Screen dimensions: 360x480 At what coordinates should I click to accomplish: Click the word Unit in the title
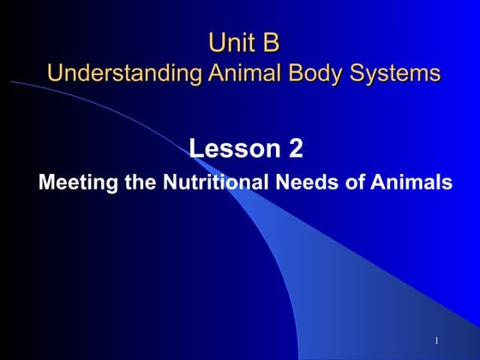click(231, 42)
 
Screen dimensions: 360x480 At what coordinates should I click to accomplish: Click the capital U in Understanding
click(55, 72)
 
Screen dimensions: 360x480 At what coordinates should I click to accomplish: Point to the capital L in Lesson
click(196, 149)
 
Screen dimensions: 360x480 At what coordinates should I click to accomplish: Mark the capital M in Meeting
click(46, 183)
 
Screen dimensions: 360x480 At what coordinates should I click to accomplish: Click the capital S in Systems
click(351, 73)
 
